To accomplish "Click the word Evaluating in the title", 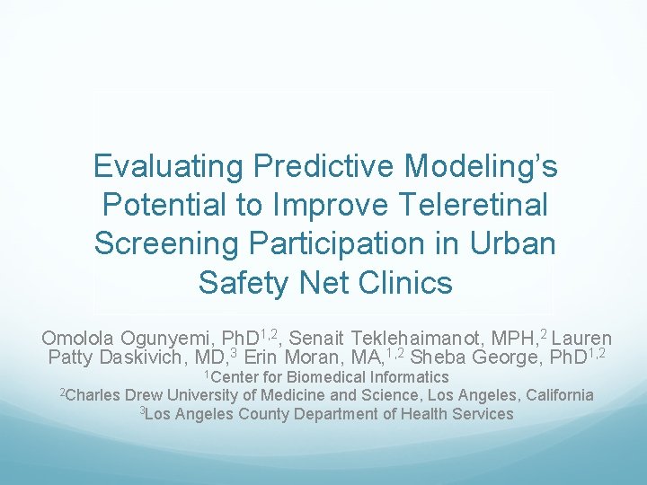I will tap(169, 166).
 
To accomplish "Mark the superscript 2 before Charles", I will tap(63, 392).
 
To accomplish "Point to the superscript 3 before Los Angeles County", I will tap(142, 410).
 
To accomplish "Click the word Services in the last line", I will tap(482, 414).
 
